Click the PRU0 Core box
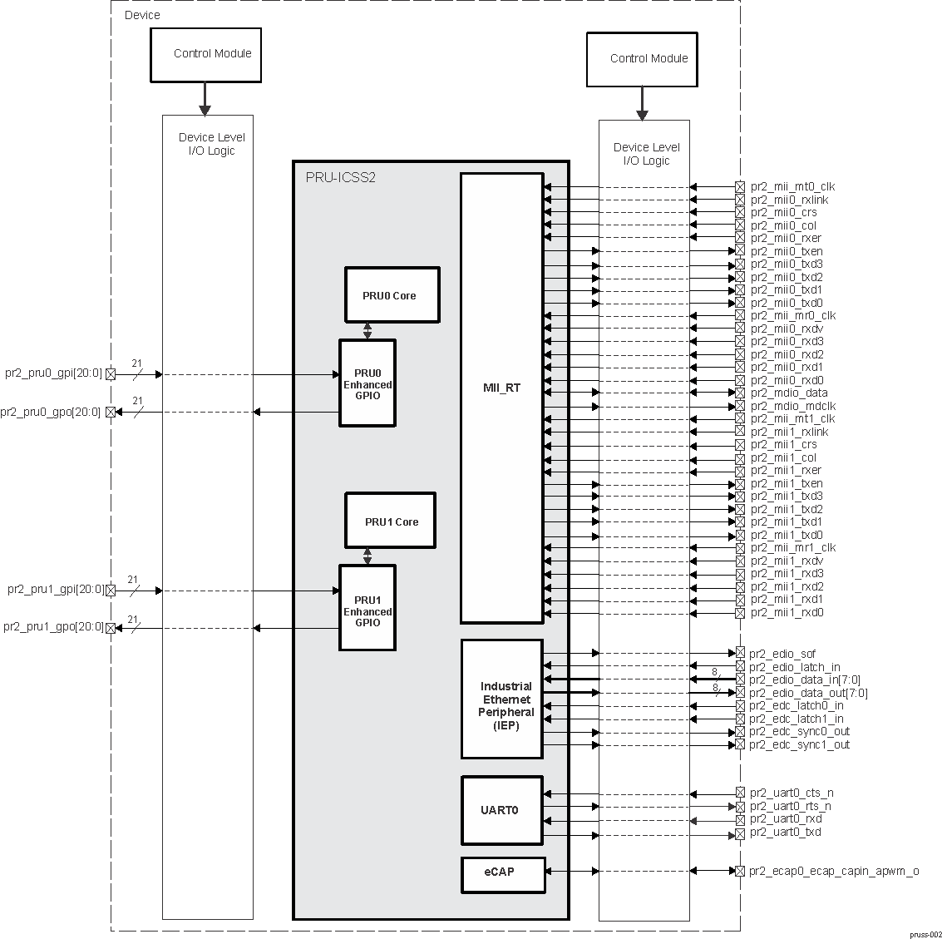[x=392, y=295]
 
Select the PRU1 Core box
[x=390, y=521]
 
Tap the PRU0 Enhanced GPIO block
[x=367, y=383]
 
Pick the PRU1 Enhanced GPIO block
[x=367, y=609]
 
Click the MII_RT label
[x=501, y=388]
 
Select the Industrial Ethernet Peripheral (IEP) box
[x=502, y=699]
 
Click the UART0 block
[x=501, y=810]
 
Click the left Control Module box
[x=205, y=55]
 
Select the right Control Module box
[x=641, y=59]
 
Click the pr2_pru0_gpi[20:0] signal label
[x=53, y=374]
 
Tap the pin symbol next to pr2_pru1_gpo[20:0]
[x=111, y=628]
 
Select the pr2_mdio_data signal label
[x=788, y=393]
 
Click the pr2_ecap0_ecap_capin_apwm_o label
[x=833, y=872]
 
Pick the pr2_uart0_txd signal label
[x=785, y=833]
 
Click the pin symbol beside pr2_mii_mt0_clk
[x=740, y=188]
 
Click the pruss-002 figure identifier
[x=924, y=934]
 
